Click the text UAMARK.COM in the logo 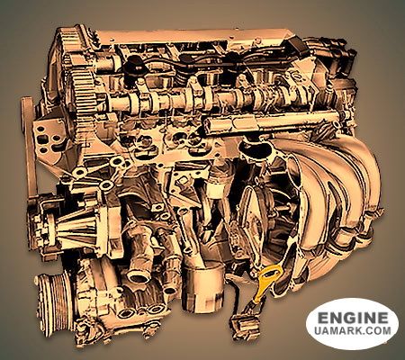click(353, 330)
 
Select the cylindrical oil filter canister click(202, 286)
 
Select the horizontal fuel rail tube click(270, 122)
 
